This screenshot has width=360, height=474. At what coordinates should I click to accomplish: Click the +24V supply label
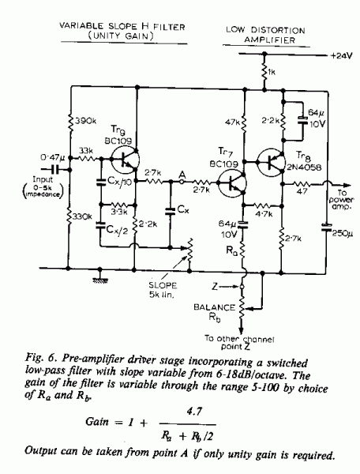tap(342, 56)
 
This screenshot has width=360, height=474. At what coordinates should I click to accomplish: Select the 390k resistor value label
tap(85, 121)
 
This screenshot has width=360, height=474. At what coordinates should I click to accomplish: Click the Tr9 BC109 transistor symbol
tap(126, 160)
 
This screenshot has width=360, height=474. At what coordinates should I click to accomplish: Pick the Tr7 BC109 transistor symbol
tap(232, 183)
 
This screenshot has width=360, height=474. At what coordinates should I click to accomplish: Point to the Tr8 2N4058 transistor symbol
tap(271, 162)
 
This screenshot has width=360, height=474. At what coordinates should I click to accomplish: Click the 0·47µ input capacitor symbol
tap(54, 170)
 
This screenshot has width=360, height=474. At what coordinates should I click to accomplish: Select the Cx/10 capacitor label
tap(119, 181)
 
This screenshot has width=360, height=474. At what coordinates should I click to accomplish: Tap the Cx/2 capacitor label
tap(117, 231)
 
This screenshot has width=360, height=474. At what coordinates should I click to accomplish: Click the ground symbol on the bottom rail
tap(100, 277)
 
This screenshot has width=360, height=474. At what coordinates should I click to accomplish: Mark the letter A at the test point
tap(182, 175)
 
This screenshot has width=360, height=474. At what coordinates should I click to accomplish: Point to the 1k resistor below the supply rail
tap(264, 72)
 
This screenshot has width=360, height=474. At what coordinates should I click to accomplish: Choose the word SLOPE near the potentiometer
tap(163, 285)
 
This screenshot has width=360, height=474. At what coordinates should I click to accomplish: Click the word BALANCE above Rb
tap(215, 307)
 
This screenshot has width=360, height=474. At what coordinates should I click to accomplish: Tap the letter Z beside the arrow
tap(215, 286)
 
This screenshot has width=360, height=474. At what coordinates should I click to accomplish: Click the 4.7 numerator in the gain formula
tap(194, 411)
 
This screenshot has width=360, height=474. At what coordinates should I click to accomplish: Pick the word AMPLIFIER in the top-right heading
tap(269, 40)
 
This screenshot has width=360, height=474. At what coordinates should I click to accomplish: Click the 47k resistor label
tap(232, 122)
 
